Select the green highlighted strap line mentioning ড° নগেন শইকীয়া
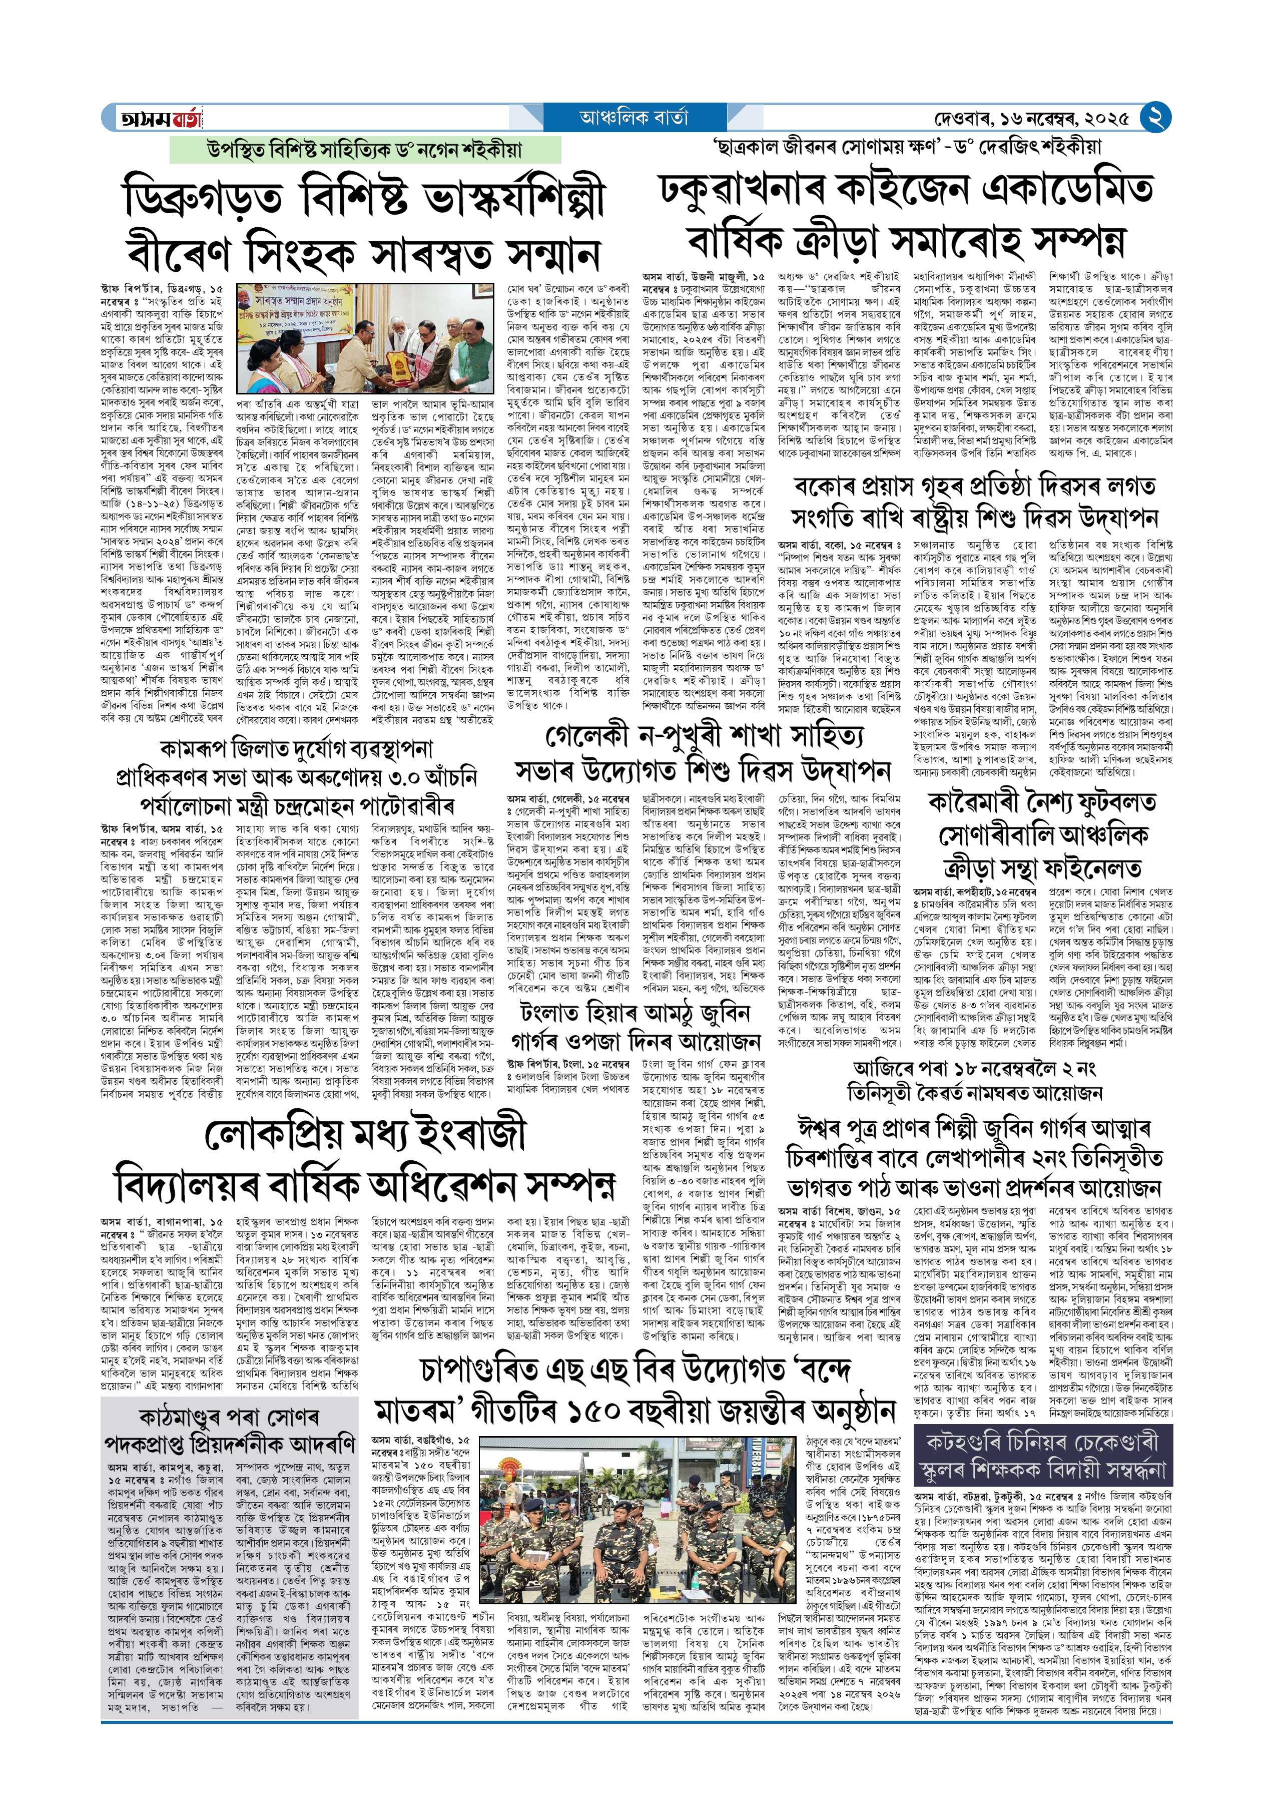(x=365, y=149)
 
